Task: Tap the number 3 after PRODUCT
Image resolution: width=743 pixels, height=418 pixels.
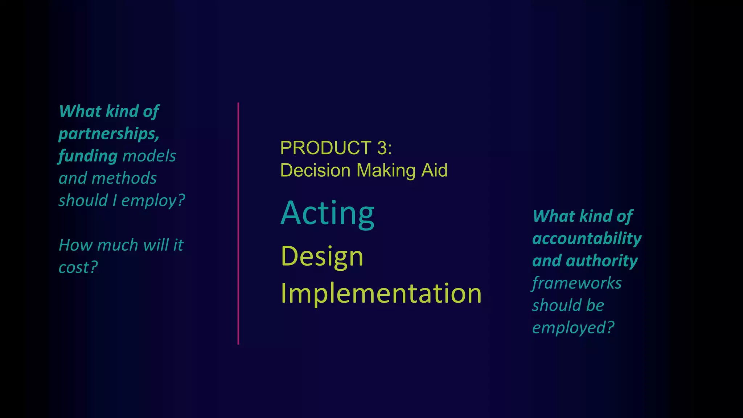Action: click(382, 148)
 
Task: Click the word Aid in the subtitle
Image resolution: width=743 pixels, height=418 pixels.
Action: click(434, 171)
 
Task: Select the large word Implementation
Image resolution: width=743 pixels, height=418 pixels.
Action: click(381, 293)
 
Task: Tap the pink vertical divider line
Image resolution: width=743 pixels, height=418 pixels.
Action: click(238, 223)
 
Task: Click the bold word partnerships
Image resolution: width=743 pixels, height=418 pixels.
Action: click(109, 134)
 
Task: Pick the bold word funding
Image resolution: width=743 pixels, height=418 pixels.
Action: click(88, 156)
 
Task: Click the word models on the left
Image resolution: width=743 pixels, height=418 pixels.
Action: click(149, 156)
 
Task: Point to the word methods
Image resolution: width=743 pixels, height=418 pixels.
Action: click(124, 179)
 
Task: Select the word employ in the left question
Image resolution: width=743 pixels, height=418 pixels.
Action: click(149, 201)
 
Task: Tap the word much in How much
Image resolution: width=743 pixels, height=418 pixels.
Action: click(118, 245)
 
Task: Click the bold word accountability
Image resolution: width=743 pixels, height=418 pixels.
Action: click(587, 239)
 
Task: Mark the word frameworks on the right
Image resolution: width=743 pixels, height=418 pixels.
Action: click(577, 283)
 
